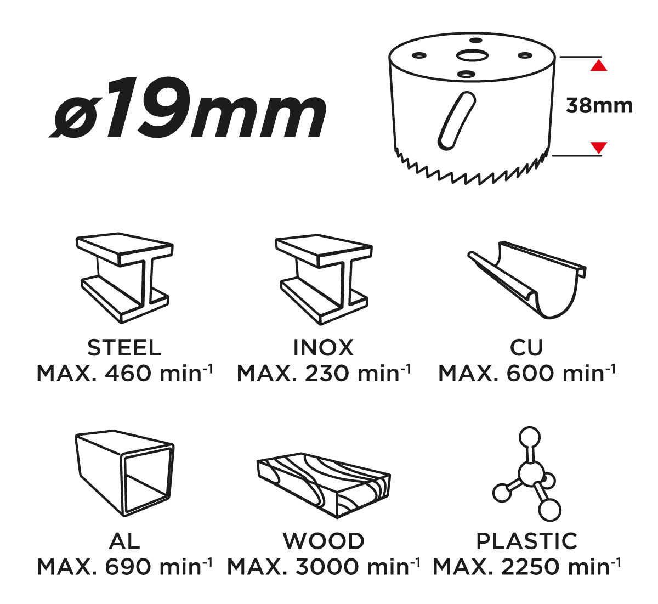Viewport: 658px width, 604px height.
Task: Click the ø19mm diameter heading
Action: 188,108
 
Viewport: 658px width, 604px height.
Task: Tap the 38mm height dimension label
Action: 599,106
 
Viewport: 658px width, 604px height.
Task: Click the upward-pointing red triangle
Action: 599,65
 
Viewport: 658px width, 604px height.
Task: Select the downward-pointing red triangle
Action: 599,148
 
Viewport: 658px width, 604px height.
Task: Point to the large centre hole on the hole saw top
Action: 472,55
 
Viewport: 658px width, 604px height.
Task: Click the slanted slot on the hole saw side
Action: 457,121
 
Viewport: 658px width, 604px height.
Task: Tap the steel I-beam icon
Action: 124,278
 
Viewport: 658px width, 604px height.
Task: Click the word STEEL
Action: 124,348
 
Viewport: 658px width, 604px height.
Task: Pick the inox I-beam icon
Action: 324,279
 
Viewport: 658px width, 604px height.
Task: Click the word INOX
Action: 324,348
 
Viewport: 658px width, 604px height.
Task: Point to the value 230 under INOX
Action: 327,374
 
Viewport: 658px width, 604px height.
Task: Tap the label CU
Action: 526,348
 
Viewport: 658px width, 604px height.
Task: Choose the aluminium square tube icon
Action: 124,473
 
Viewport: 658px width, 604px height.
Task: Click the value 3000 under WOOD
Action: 327,567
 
